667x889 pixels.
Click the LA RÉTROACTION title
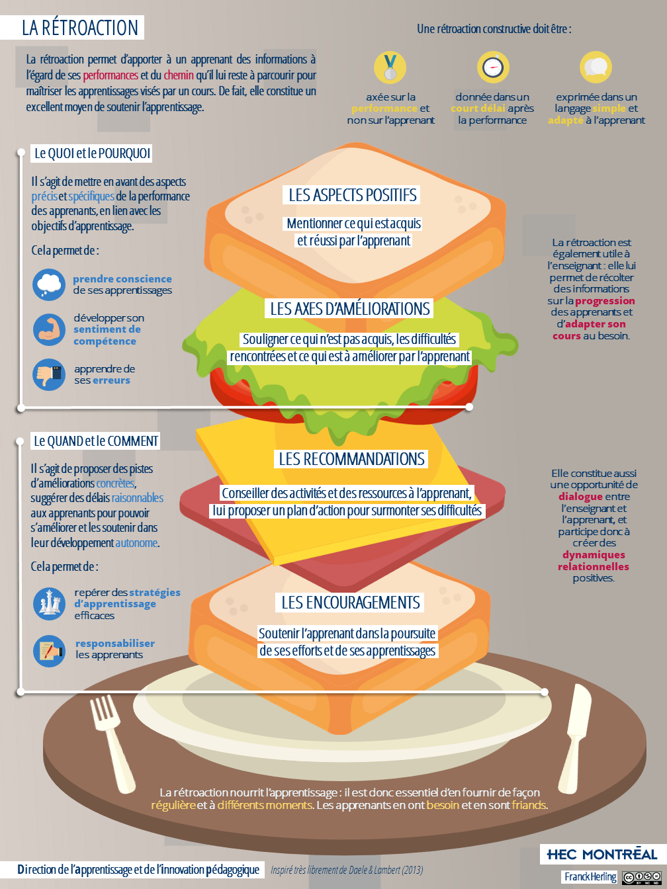point(80,28)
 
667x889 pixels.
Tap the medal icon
point(390,67)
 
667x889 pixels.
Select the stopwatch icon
point(493,67)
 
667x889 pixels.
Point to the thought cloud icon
point(49,284)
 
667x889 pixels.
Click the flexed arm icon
point(49,329)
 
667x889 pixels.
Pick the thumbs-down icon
point(49,374)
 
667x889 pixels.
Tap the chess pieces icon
point(49,604)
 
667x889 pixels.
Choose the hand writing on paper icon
point(49,651)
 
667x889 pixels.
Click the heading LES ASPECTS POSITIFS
point(352,195)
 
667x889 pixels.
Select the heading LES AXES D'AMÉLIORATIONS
point(350,309)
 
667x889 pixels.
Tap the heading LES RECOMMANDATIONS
point(351,459)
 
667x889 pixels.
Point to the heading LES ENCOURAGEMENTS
point(350,602)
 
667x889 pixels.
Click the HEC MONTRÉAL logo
point(601,854)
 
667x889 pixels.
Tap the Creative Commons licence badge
point(642,877)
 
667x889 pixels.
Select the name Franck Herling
point(590,877)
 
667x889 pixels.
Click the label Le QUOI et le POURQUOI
point(92,153)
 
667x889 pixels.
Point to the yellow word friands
point(529,805)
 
